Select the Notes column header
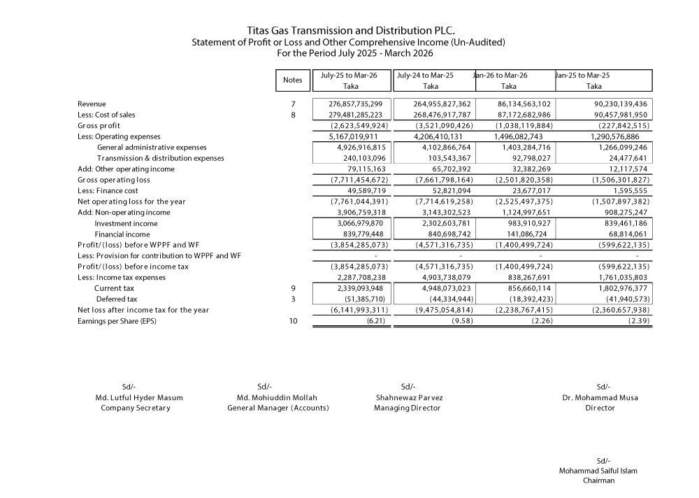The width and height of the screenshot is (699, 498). (292, 80)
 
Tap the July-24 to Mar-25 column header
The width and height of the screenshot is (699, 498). (425, 75)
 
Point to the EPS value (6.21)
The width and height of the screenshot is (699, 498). (376, 321)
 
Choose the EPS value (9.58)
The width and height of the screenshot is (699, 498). (460, 321)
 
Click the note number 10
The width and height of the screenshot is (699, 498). (292, 321)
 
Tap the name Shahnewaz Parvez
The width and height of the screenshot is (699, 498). (408, 397)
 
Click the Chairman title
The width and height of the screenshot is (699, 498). (598, 481)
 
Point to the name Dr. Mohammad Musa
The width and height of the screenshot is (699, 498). (600, 397)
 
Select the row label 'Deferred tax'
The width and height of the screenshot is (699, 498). (115, 299)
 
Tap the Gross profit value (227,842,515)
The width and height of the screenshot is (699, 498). (625, 125)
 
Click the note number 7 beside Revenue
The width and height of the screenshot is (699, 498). (292, 104)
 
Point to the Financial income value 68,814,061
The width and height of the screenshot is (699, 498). (628, 234)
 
